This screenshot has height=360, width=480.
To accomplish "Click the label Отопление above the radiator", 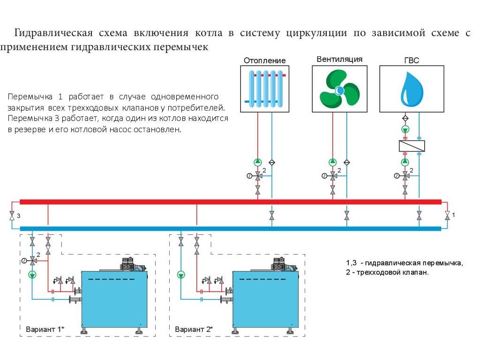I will coord(264,60).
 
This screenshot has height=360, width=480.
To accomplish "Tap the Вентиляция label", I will coord(339,60).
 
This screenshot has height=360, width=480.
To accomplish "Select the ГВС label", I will coord(411,60).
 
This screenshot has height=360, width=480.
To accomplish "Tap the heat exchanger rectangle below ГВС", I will coord(412,146).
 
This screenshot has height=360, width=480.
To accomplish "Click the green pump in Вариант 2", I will coord(181,275).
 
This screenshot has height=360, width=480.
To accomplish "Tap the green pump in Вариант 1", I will coord(32,275).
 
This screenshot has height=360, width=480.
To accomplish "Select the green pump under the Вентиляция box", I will coord(333,162).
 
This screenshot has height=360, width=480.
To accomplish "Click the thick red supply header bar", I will coord(230,202).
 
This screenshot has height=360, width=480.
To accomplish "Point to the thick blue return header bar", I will coord(230,229).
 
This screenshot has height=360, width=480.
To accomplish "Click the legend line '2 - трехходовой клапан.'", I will coord(387,272).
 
